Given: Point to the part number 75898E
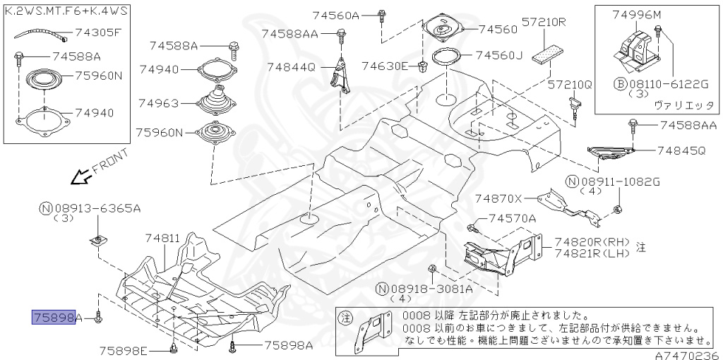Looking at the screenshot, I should pos(123,351).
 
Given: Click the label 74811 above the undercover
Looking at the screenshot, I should pos(163,239).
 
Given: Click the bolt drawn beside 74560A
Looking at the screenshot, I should pos(382,14).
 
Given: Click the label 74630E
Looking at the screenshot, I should pos(385,66).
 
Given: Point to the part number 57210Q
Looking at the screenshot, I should pos(570,85).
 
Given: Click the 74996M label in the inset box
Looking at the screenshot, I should pos(638,15).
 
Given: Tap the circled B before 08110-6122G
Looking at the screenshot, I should pos(619,84).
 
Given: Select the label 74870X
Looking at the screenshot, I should pos(498,198).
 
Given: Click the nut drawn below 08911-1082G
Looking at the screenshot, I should pos(616,208).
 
